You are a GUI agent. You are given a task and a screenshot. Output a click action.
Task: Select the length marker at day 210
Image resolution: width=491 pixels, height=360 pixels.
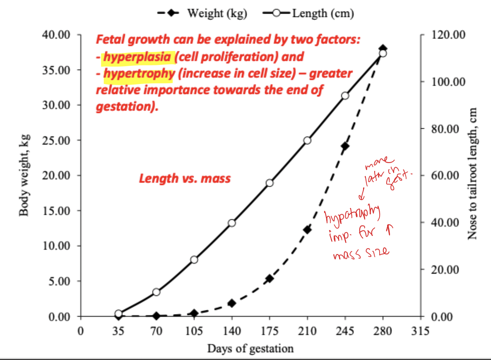pos(307,140)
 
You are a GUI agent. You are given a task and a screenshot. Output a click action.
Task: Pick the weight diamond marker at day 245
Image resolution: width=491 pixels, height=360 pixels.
pos(345,146)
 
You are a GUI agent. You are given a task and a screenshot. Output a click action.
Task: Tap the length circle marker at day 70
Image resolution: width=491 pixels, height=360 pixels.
pos(156,292)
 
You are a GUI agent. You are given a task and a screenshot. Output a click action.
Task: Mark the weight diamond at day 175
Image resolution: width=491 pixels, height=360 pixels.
pos(270,278)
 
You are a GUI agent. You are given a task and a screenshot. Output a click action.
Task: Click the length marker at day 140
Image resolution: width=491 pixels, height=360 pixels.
pos(232,223)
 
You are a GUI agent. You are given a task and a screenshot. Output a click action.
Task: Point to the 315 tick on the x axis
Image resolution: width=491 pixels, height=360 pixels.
pos(420,331)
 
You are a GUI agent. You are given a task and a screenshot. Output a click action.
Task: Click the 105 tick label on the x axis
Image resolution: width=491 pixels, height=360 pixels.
pos(194,331)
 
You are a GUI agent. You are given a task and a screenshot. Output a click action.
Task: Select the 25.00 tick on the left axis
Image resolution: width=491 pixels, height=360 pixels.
pos(57,140)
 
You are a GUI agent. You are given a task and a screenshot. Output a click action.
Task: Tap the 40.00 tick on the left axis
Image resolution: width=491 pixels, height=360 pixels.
pos(57,34)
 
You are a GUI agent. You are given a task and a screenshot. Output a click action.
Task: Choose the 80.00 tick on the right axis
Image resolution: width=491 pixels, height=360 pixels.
pos(445,129)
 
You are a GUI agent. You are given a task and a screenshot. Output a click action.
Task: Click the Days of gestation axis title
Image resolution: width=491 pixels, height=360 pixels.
pos(250,348)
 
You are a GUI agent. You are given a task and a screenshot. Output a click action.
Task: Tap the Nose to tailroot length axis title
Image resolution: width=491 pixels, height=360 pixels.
pos(473,174)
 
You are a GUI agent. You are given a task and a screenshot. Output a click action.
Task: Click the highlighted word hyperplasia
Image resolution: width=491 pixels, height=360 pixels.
pos(136,56)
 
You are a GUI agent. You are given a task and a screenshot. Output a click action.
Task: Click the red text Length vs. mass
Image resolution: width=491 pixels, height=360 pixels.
pos(185,178)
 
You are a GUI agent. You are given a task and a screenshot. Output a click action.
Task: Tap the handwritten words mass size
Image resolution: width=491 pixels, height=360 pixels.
pos(361,252)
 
